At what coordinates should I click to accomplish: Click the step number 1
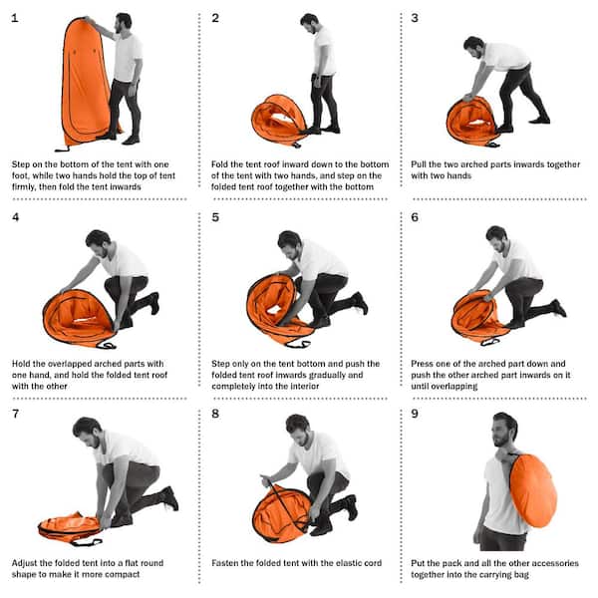[14, 18]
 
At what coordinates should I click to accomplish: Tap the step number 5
[215, 216]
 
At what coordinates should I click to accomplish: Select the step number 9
[415, 414]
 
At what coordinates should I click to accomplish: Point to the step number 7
[15, 414]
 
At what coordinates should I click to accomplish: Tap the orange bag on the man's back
[532, 489]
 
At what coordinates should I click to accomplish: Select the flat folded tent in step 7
[70, 525]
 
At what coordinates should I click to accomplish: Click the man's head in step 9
[505, 430]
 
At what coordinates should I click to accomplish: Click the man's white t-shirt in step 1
[127, 57]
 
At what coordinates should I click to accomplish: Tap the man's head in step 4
[97, 242]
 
